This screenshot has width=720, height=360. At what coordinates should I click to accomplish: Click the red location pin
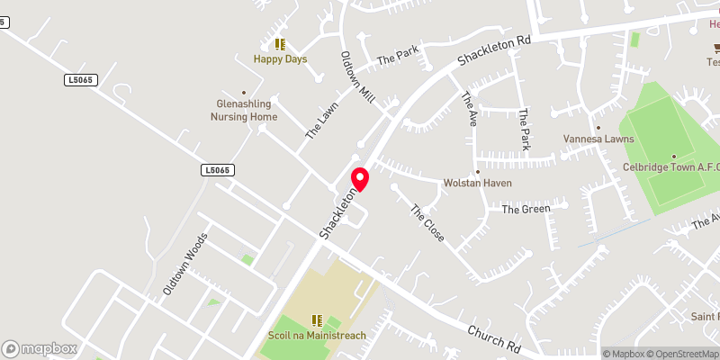coord(359,178)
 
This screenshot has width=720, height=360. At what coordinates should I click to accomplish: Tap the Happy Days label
coord(280,59)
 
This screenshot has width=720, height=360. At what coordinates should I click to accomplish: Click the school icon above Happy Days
coord(280,43)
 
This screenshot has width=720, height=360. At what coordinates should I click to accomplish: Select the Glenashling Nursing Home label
coord(244,110)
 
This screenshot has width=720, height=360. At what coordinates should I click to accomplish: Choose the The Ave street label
coord(469,109)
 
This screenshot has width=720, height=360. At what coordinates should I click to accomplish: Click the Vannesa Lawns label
coord(598,139)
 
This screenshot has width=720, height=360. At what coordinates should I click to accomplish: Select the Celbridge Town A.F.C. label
coord(671,167)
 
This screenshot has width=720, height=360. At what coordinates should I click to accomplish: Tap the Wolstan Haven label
coord(477,183)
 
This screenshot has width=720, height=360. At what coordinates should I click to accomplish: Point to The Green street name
coord(526,210)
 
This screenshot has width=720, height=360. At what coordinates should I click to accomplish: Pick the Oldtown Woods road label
coord(184,265)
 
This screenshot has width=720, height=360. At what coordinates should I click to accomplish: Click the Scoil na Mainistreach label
coord(316,336)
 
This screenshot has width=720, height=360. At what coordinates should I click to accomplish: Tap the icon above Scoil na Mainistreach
coord(316,319)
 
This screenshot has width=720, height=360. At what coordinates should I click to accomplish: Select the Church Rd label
coord(494,338)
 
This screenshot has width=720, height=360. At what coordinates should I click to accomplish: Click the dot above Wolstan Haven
coord(477,172)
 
